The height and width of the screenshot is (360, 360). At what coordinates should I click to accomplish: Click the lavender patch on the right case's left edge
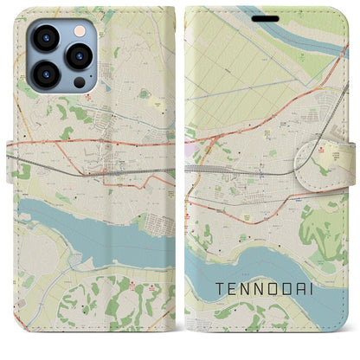point(192,150)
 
